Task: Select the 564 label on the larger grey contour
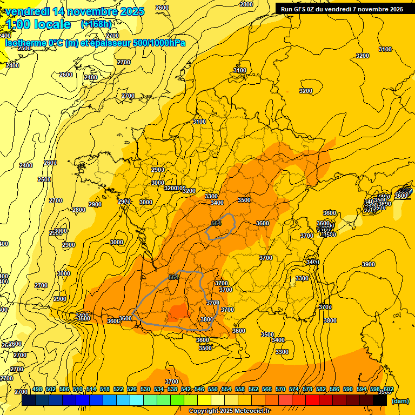(x=173, y=277)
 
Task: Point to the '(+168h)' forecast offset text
(x=96, y=24)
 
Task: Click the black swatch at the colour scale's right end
(x=380, y=400)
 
